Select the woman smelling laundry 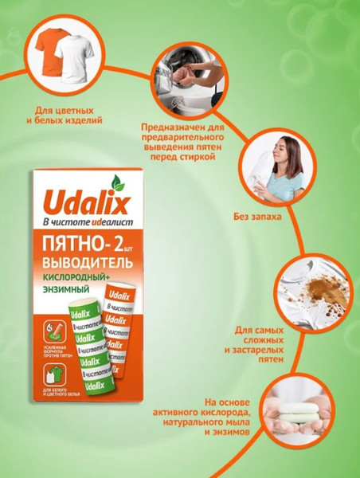coord(274,171)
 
